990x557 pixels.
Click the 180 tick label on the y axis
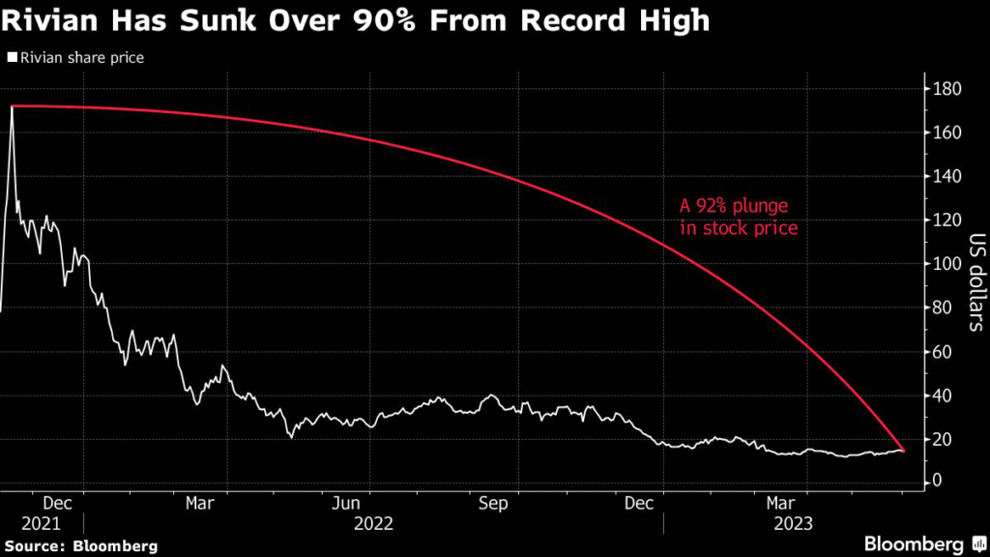(946, 90)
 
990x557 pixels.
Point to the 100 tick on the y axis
(946, 264)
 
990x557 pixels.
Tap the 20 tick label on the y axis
(943, 440)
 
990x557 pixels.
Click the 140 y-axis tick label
(946, 177)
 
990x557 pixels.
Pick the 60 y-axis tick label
(943, 352)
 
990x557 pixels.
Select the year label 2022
(374, 523)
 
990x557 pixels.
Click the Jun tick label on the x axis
(346, 503)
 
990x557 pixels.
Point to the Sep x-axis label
(494, 503)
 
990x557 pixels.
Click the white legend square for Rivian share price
(12, 58)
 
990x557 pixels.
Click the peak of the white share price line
(12, 106)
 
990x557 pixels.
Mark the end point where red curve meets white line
(903, 451)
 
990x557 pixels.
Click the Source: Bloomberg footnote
(79, 546)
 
